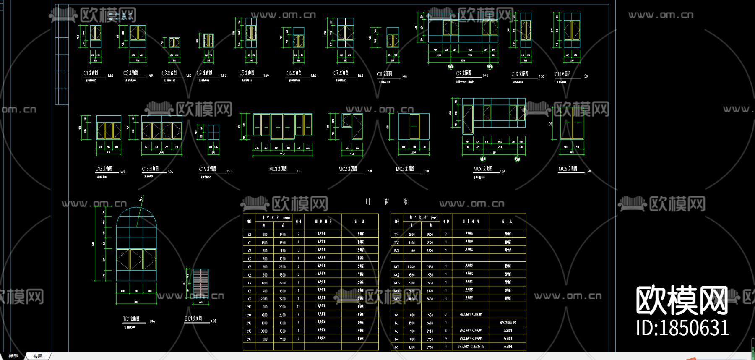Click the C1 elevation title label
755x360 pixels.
coord(91,73)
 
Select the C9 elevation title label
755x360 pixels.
coord(463,73)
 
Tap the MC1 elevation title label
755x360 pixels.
coord(278,169)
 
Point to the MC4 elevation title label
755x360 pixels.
coord(483,169)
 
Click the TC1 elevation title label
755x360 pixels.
coord(131,319)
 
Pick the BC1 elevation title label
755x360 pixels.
coord(193,318)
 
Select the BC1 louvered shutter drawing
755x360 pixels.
coord(200,284)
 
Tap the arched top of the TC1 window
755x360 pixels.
coord(136,218)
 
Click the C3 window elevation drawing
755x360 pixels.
coord(174,42)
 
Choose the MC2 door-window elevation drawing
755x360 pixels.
coord(352,126)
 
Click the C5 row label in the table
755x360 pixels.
coord(250,267)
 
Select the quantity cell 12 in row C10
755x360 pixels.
coord(299,307)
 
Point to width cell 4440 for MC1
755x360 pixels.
coord(411,267)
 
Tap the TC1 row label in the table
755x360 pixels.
coord(396,235)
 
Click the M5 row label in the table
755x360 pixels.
coord(396,347)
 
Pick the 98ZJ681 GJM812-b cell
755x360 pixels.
coord(471,347)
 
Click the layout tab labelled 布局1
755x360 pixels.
coord(39,356)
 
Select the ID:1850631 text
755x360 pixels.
coord(682,328)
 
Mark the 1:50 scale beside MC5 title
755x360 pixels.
coord(588,171)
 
